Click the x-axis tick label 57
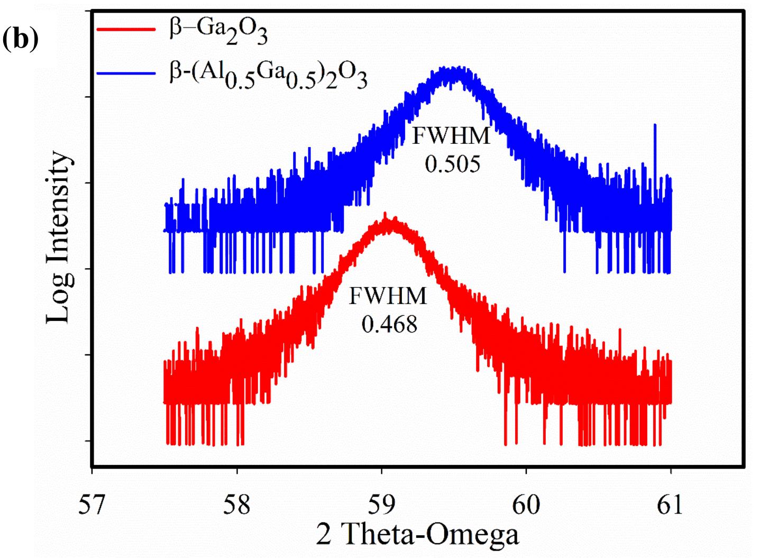91,505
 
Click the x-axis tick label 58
236,505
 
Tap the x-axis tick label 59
381,505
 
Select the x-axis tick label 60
526,505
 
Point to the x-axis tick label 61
670,505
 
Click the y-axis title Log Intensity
58,237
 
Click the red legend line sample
126,29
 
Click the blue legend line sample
126,72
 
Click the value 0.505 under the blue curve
452,164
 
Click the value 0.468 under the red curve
389,324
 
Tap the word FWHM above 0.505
451,136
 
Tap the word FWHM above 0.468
388,296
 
